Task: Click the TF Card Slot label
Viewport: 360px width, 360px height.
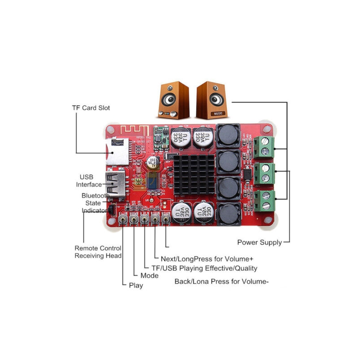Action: [x=91, y=108]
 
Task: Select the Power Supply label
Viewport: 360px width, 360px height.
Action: [x=259, y=243]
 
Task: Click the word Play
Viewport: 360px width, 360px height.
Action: [x=136, y=285]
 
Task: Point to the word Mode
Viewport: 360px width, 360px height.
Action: [x=149, y=275]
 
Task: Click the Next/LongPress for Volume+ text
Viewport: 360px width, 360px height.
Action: [x=207, y=259]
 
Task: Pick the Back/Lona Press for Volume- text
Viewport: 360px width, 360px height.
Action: [x=221, y=282]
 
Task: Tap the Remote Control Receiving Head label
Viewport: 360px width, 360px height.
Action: [x=98, y=252]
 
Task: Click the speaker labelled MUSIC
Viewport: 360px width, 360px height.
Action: [x=211, y=100]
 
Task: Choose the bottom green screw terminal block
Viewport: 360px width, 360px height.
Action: [x=265, y=200]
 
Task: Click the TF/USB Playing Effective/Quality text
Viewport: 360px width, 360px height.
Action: [x=204, y=268]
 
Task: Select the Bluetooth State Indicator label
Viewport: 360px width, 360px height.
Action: [x=95, y=203]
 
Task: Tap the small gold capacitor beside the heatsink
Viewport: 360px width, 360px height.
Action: [x=153, y=163]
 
